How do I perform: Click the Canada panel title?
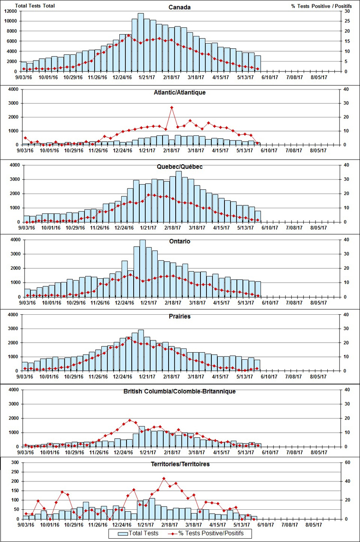pos(180,7)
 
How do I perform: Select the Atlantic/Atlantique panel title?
pos(180,92)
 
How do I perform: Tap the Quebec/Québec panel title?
pos(180,167)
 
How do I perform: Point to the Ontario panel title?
pos(180,241)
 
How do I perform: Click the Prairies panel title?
pos(180,316)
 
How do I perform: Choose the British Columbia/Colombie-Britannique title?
pos(180,391)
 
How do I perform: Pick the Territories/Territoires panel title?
pos(180,464)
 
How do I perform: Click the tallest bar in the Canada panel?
pos(141,43)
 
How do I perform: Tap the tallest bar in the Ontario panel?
pos(143,268)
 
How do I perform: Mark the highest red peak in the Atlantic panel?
pos(171,107)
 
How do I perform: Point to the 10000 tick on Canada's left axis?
pos(11,21)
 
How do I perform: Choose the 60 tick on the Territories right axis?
pos(348,462)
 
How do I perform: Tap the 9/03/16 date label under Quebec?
pos(26,228)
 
